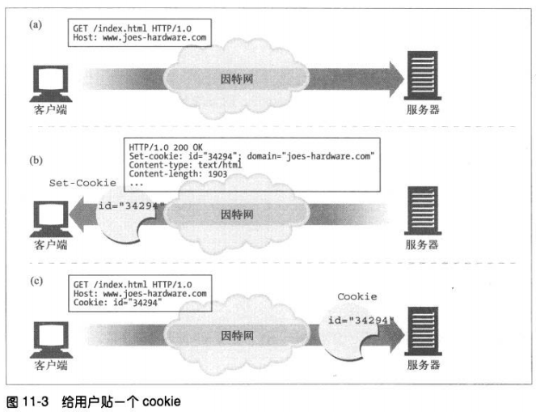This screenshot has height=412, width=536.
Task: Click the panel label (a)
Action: point(36,25)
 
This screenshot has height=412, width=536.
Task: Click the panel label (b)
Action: point(36,160)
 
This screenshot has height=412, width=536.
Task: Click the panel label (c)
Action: point(36,282)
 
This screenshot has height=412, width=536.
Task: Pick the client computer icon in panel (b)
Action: point(50,214)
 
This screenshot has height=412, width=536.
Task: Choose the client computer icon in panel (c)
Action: point(50,339)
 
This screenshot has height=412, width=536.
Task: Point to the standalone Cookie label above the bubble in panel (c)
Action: point(357,296)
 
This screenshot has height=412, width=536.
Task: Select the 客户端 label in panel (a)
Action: point(51,109)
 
